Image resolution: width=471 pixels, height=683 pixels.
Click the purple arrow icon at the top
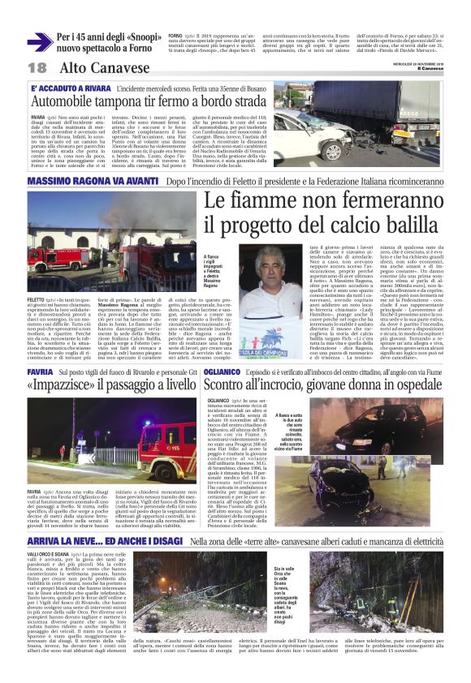(x=38, y=42)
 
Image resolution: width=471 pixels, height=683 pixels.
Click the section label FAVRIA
(x=41, y=371)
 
